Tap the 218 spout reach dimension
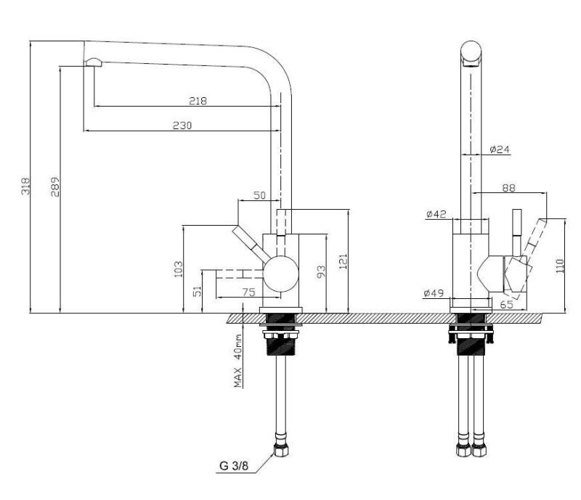pos(198,101)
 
